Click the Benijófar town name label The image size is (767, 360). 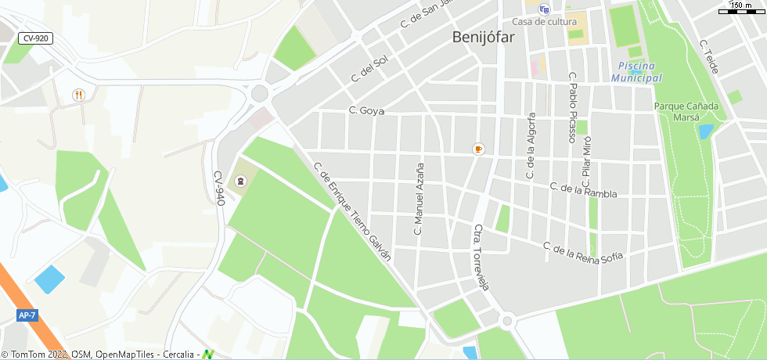(481, 37)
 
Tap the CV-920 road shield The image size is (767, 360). (35, 38)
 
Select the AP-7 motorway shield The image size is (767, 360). (27, 315)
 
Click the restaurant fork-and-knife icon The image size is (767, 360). (78, 95)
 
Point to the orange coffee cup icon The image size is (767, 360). (478, 149)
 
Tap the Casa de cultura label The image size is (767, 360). (544, 21)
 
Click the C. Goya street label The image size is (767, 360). (366, 111)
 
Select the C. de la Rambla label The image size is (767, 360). (583, 190)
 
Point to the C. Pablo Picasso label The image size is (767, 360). (572, 107)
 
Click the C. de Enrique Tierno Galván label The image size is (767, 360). (351, 212)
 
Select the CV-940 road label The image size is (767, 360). (219, 188)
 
